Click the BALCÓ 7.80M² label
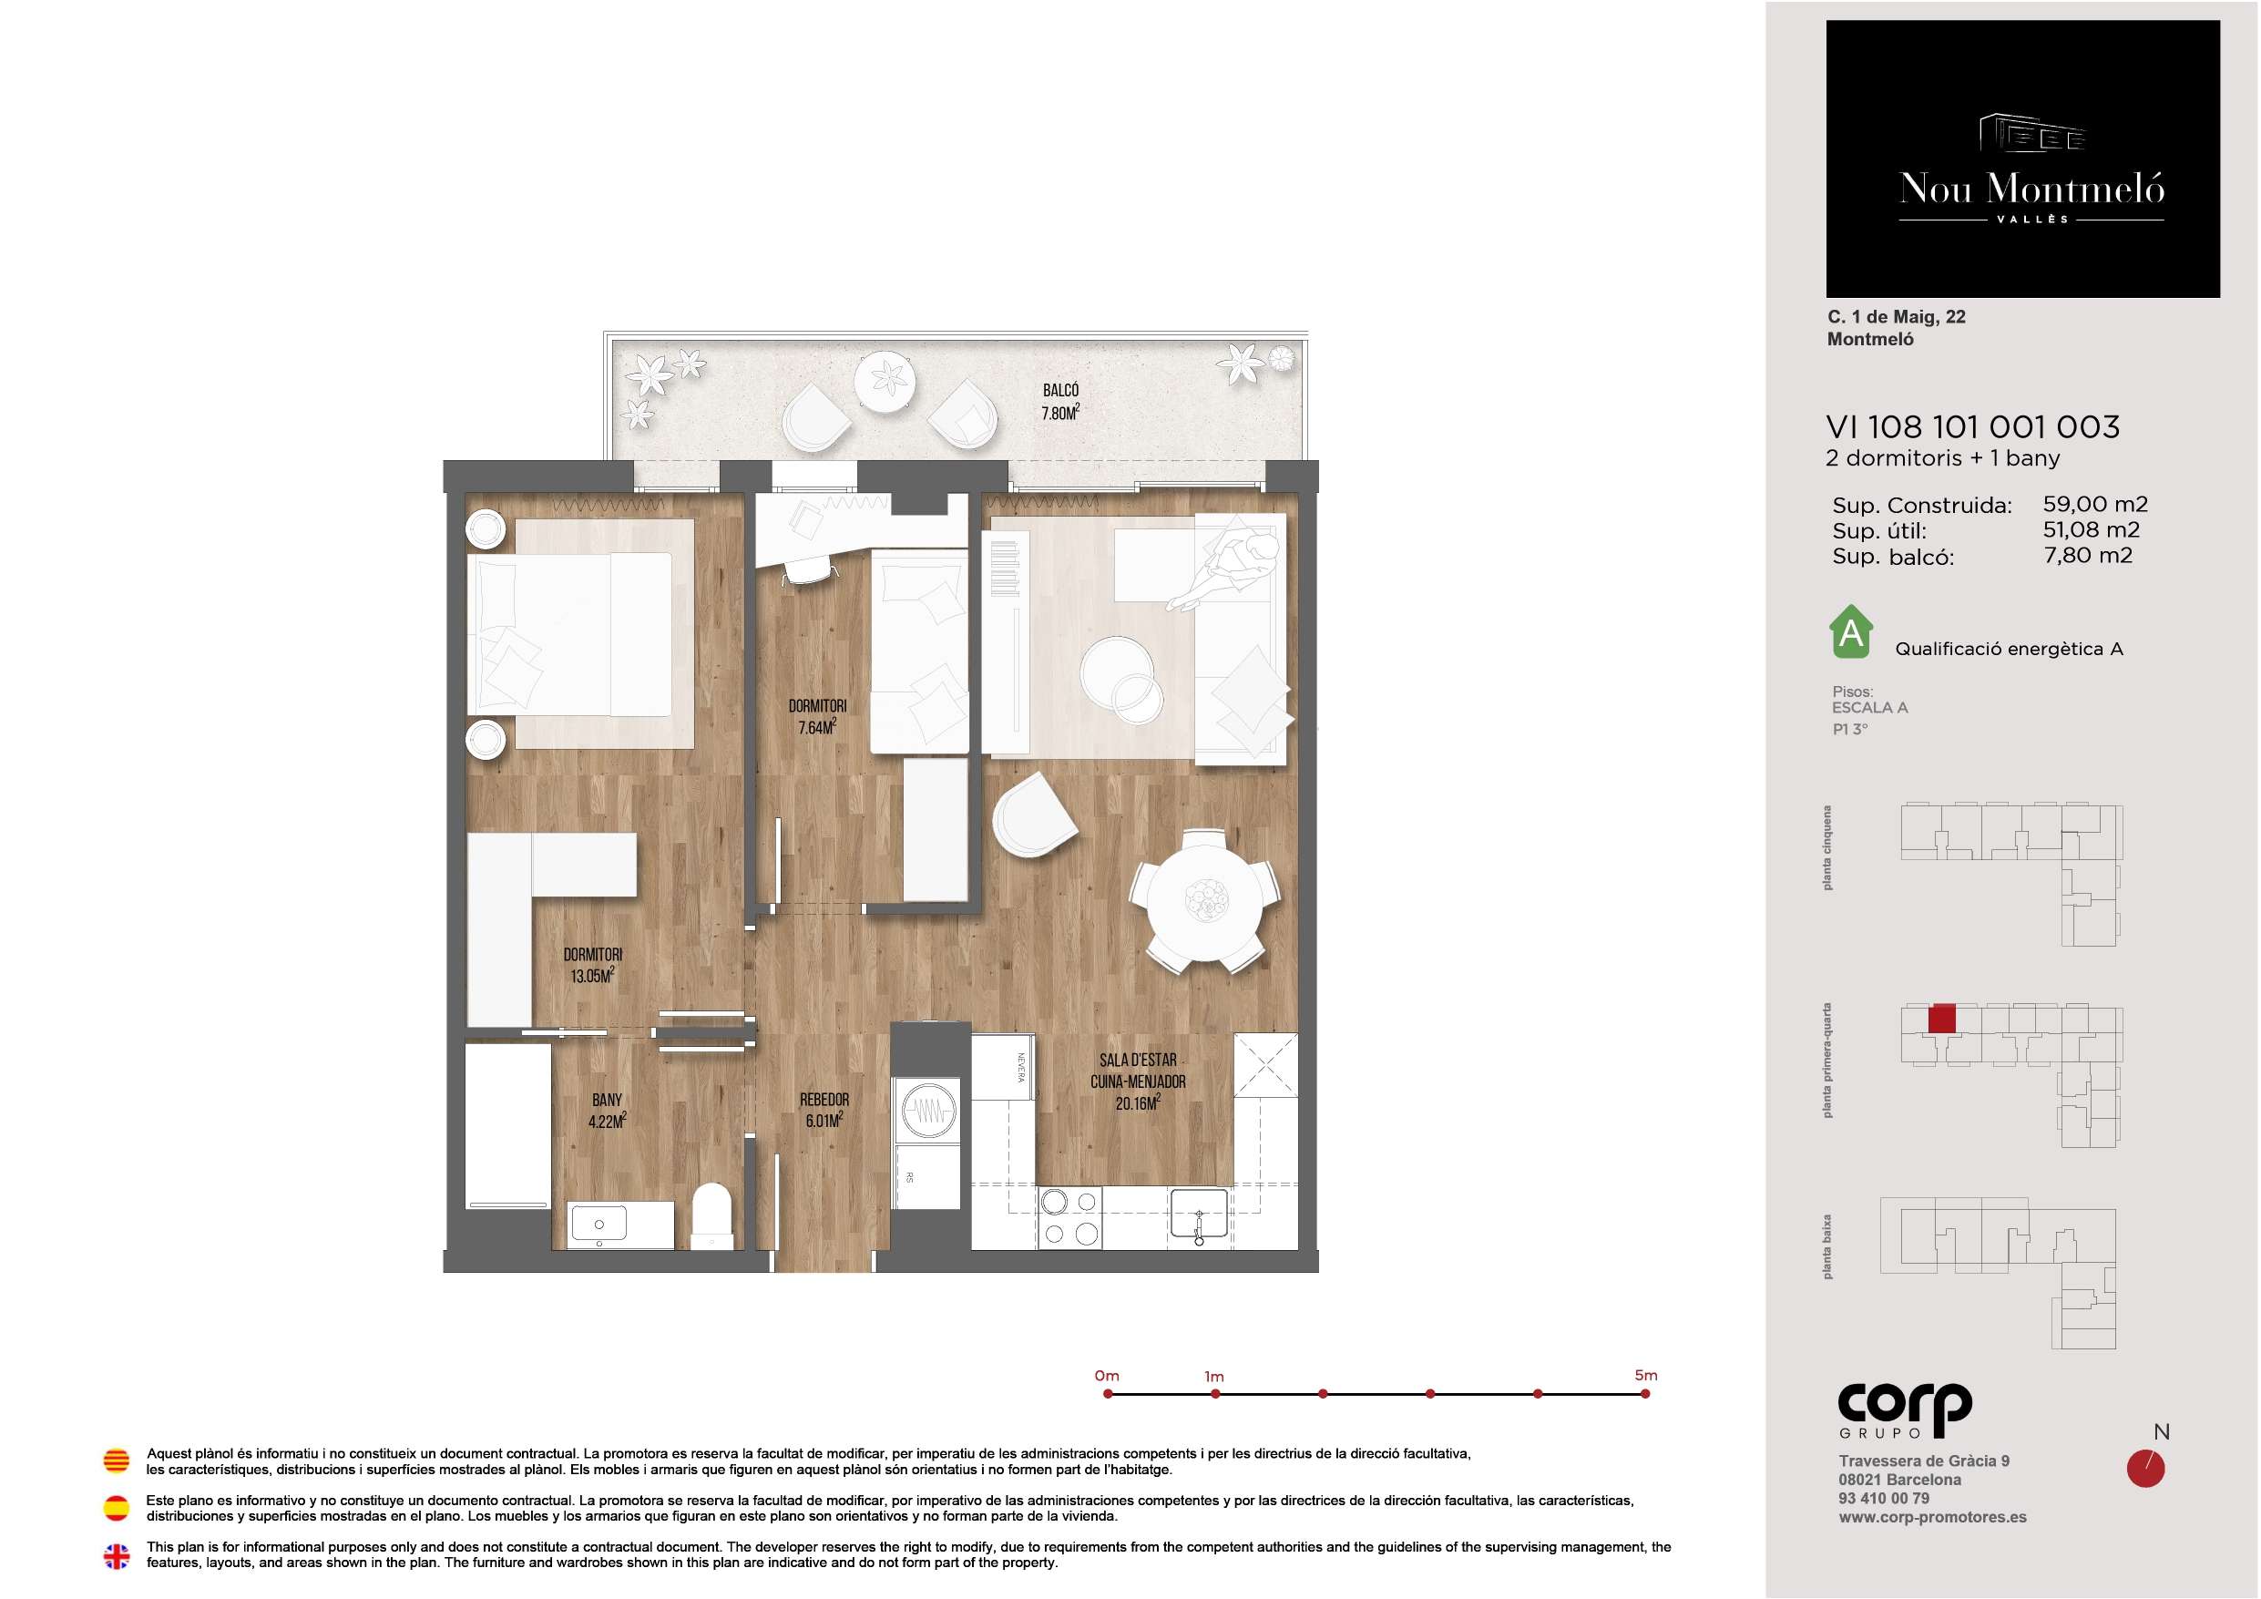click(1060, 402)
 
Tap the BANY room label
click(607, 1100)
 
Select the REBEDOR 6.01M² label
click(824, 1111)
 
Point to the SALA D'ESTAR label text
click(1138, 1061)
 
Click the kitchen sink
click(1199, 1214)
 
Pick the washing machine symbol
click(926, 1111)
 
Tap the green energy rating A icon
click(1850, 631)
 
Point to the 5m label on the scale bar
click(1645, 1376)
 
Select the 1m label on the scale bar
click(1214, 1377)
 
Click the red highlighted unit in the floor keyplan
click(1941, 1019)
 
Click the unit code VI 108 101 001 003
click(1972, 426)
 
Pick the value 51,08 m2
click(2091, 530)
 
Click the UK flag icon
click(117, 1555)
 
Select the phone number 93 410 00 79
click(1884, 1499)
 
